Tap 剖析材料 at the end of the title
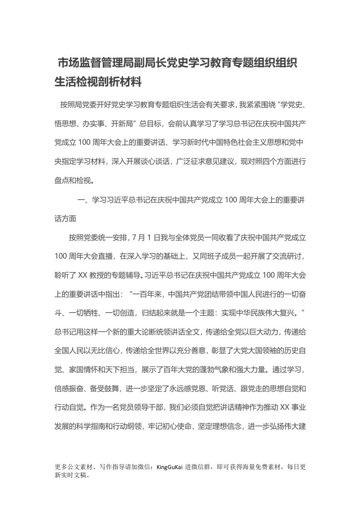(x=119, y=83)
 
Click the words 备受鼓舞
(x=102, y=389)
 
